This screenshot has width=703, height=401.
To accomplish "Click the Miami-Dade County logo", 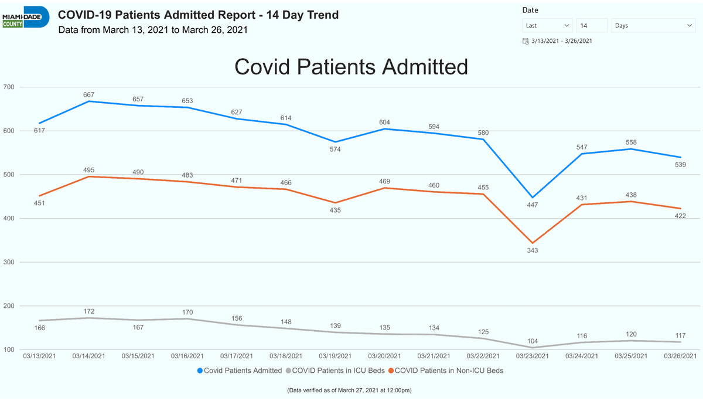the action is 26,17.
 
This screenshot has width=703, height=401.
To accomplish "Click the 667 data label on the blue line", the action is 89,95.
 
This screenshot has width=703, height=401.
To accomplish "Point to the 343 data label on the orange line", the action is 533,250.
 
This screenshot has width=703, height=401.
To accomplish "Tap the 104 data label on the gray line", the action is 533,341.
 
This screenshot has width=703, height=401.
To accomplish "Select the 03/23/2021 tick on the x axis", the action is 533,356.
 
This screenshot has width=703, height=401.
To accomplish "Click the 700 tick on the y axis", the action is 9,87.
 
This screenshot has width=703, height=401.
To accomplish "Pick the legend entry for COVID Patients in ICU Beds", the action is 335,371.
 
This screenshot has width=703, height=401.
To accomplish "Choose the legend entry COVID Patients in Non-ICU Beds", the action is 446,371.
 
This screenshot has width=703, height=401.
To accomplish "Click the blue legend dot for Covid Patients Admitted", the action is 200,371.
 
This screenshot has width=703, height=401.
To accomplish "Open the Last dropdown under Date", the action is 547,25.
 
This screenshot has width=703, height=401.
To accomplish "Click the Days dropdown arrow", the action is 690,25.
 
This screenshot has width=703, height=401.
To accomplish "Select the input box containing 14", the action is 592,25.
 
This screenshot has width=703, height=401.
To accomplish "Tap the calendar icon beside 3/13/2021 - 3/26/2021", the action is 525,41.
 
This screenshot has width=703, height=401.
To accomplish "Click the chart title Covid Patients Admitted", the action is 351,67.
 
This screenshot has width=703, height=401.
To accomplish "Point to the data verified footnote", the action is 349,390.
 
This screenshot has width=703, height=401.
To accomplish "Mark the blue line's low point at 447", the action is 533,198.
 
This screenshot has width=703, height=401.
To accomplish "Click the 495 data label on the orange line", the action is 89,170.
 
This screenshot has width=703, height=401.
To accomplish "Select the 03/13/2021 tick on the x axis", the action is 40,356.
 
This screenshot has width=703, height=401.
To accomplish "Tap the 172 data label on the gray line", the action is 89,311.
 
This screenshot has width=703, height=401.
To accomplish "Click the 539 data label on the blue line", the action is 680,165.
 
